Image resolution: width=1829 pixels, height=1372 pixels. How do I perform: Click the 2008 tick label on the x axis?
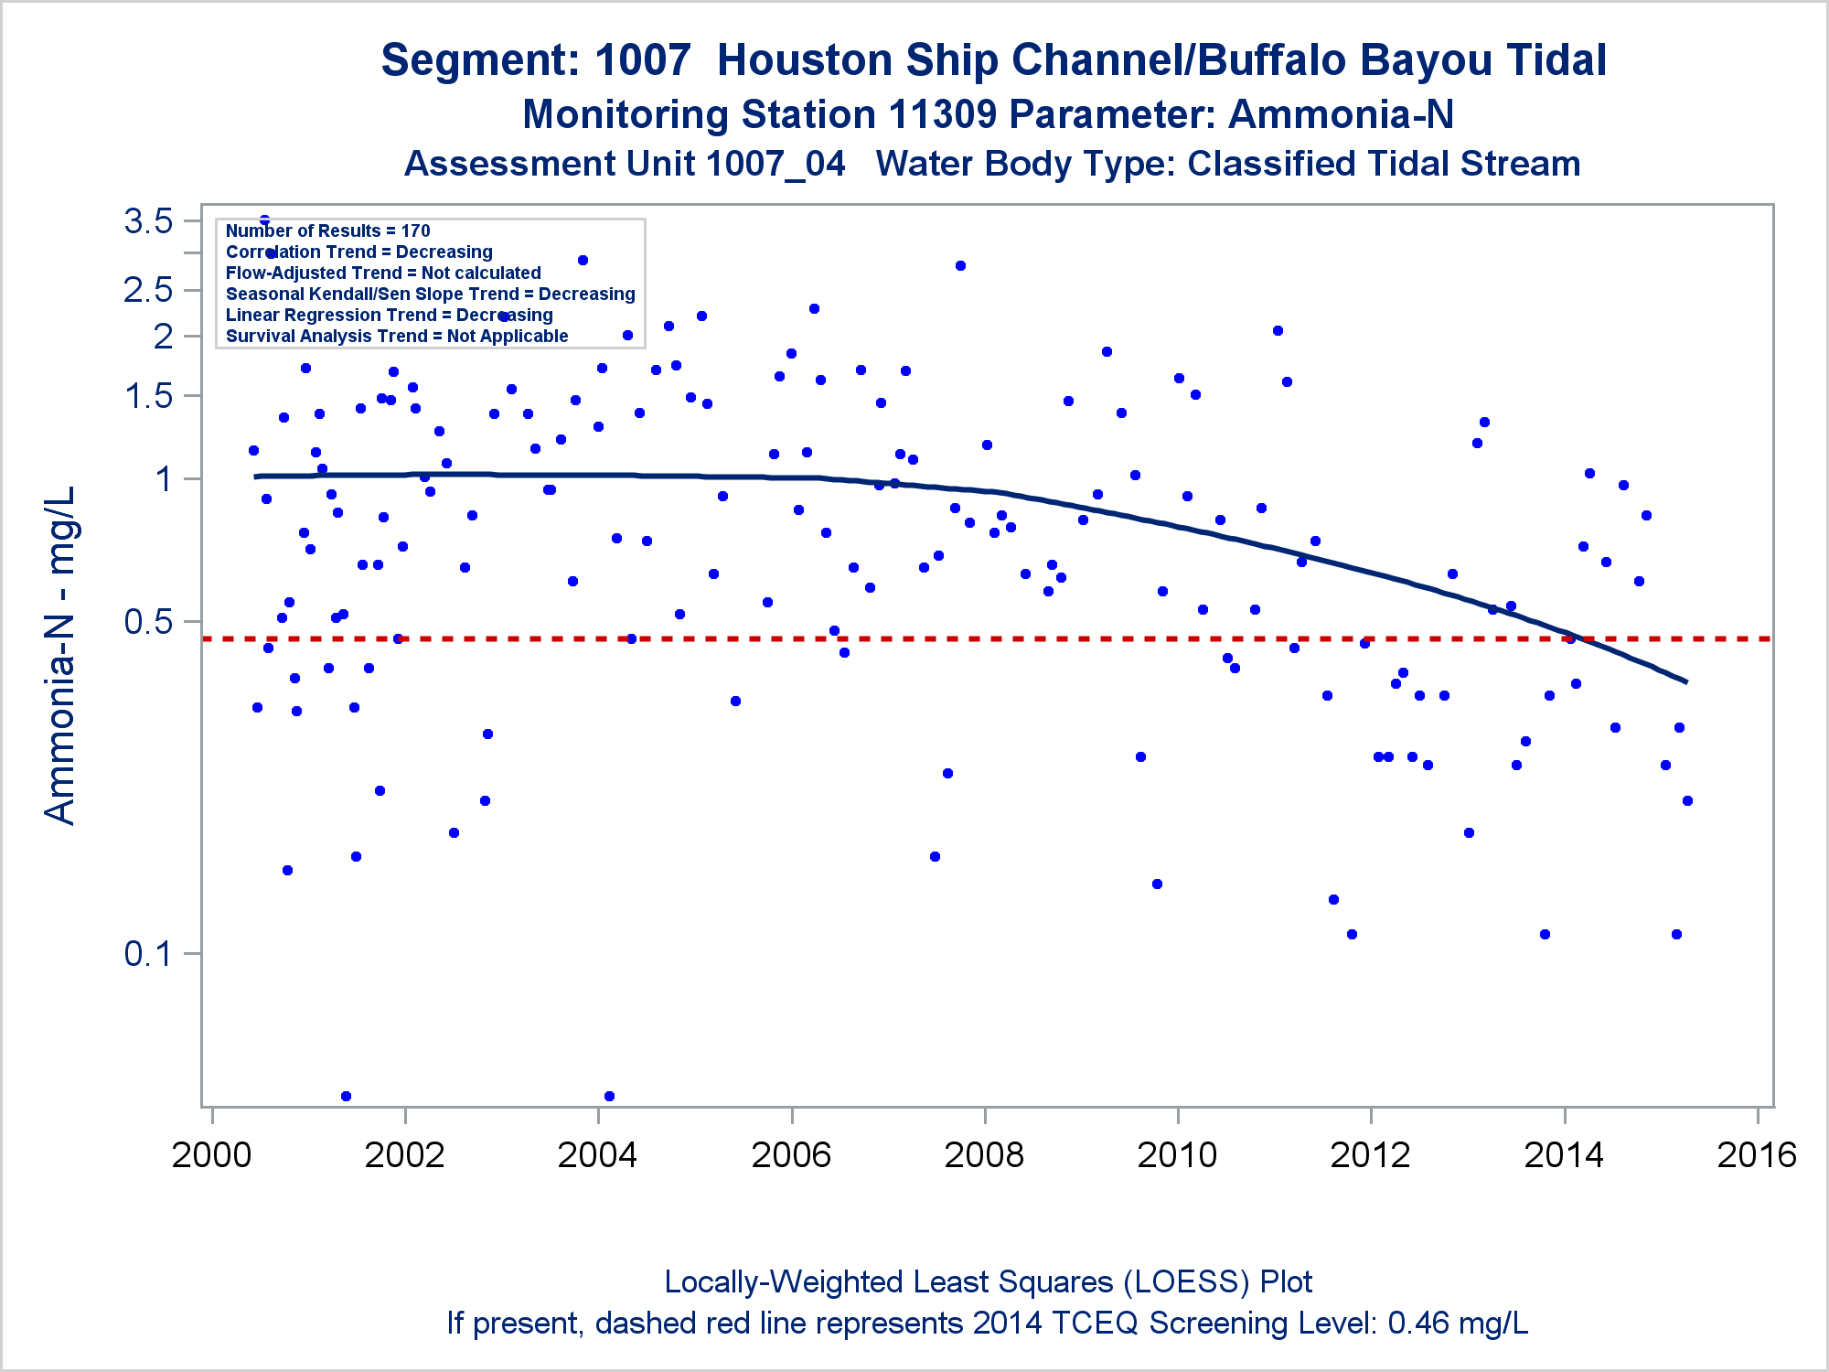tap(984, 1155)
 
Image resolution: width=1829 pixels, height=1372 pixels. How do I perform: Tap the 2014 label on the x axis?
tap(1564, 1155)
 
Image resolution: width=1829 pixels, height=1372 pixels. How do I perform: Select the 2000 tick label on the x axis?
tap(212, 1155)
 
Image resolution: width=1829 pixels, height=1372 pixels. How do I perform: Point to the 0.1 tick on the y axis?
tap(149, 954)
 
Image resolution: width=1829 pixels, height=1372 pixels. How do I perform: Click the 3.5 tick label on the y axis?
tap(149, 221)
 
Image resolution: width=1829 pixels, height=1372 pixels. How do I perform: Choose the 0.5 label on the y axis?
tap(149, 622)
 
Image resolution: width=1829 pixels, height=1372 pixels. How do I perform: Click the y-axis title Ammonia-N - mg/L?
tap(60, 655)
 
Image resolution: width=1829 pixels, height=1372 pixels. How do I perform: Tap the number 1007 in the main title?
tap(642, 60)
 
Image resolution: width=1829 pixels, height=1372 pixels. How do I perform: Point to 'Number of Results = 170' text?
tap(327, 230)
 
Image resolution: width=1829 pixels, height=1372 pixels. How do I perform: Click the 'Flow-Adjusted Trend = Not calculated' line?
tap(383, 273)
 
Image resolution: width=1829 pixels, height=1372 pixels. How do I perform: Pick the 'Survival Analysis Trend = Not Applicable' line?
tap(397, 336)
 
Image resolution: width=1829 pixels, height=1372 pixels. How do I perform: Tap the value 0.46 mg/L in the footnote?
tap(1458, 1323)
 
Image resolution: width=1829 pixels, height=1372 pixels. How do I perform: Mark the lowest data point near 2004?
tap(609, 1096)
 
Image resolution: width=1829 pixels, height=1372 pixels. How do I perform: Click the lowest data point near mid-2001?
tap(346, 1096)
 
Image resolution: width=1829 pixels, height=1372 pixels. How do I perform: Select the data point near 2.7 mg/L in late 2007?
tap(960, 265)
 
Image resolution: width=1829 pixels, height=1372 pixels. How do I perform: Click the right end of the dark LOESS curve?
tap(1685, 681)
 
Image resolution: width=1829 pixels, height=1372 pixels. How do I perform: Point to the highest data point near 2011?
tap(1278, 330)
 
